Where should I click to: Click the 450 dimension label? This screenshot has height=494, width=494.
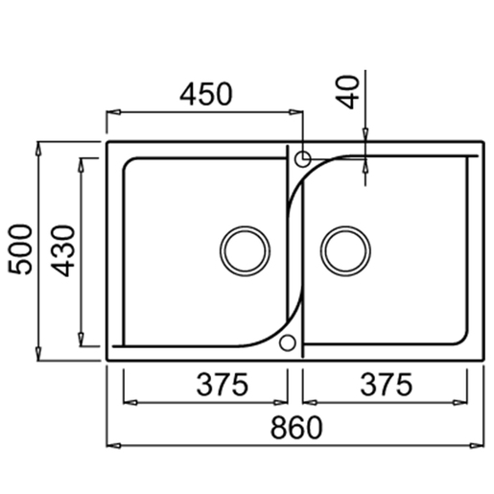click(206, 94)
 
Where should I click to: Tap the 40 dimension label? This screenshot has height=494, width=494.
click(348, 92)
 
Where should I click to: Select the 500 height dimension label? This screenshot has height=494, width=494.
click(20, 249)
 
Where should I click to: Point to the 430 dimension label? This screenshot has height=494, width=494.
click(62, 250)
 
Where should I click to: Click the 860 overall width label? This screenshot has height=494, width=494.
click(296, 427)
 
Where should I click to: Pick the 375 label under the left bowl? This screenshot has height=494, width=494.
click(223, 385)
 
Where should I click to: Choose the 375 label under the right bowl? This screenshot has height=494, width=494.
click(387, 385)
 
